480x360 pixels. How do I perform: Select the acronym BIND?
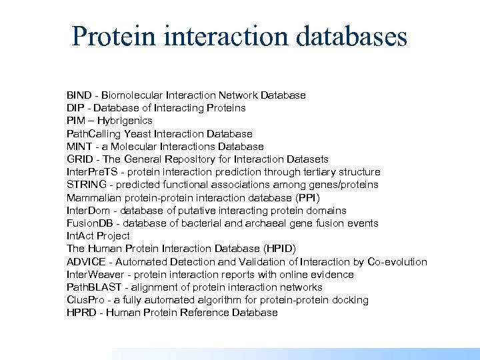(79, 95)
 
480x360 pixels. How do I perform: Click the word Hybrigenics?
(126, 121)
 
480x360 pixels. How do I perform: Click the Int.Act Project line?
(98, 236)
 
